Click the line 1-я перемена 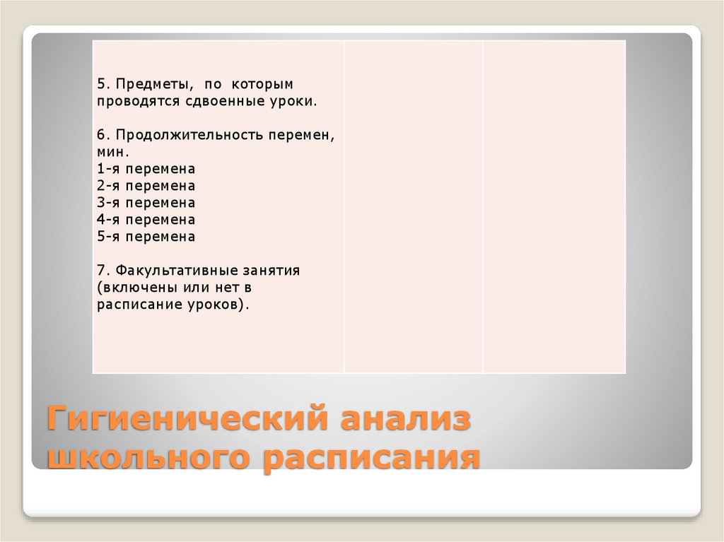tap(146, 170)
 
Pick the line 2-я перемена tap(146, 187)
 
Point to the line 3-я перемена tap(146, 204)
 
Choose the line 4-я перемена tap(146, 220)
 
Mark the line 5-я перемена tap(146, 237)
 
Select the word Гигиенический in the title tap(182, 419)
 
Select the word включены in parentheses tap(134, 288)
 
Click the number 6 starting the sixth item tap(101, 136)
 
